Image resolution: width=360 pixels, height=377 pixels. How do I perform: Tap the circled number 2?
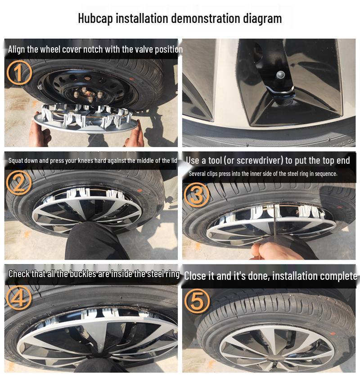pos(19,183)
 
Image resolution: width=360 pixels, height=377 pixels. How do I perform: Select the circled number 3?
pos(197,194)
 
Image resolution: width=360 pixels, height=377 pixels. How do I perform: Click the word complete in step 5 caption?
pos(336,276)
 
